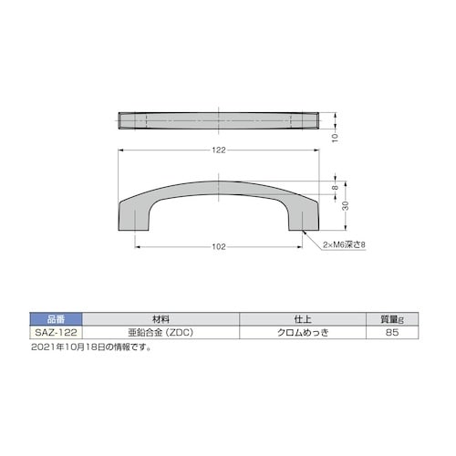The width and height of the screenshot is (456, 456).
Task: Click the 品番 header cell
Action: coord(56,318)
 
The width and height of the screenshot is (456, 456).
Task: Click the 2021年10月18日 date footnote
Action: coord(91,347)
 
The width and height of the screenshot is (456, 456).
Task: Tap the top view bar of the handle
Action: coord(218,122)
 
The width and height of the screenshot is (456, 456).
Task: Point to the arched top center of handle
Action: coord(218,181)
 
